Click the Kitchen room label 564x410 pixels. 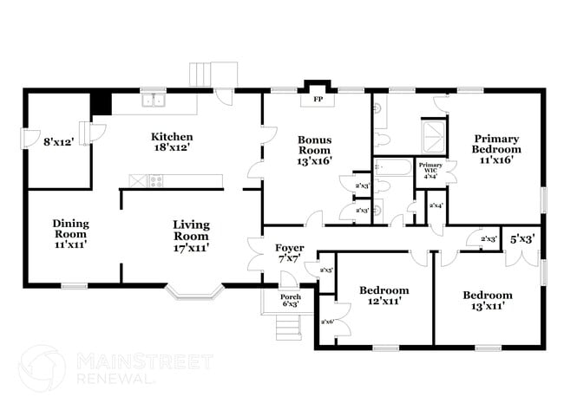tap(172, 142)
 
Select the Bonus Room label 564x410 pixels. tap(314, 150)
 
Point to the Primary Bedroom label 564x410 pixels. tap(496, 148)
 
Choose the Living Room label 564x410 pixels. tap(191, 236)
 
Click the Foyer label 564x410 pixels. tap(290, 253)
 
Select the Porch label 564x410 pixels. tap(290, 299)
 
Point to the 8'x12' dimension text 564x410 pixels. tap(59, 141)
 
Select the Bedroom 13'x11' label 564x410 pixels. tap(487, 300)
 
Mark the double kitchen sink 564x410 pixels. tap(154, 101)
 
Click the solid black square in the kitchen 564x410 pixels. tap(102, 103)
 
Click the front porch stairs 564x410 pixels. tap(286, 328)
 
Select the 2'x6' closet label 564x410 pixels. tap(328, 322)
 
